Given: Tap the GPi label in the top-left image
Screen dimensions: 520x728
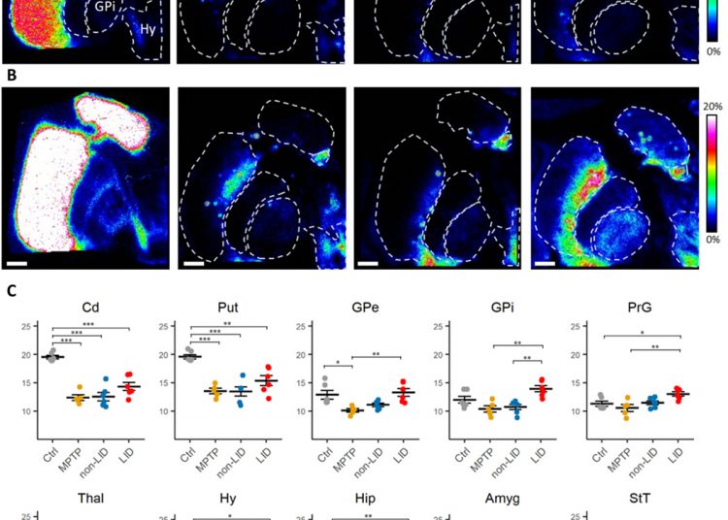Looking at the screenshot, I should click(x=108, y=8).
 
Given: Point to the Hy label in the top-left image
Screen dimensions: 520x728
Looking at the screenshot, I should click(x=148, y=30).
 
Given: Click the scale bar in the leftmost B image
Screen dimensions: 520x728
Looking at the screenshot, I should click(x=16, y=260).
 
